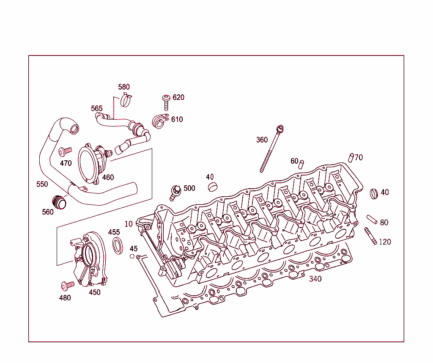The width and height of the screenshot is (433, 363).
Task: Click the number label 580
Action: tap(124, 87)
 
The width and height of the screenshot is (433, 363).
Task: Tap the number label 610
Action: tap(177, 120)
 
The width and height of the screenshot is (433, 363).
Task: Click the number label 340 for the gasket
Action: tap(315, 279)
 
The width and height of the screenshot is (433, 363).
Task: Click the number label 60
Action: tap(294, 161)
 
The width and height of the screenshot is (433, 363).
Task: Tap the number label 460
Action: tap(108, 177)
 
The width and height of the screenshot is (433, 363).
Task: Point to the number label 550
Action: tap(42, 184)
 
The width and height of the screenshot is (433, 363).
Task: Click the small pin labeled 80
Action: tap(372, 219)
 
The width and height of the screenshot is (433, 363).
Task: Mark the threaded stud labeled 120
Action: tap(370, 236)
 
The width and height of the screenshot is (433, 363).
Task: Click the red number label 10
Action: tap(129, 224)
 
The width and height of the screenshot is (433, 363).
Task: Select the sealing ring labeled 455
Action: tap(118, 247)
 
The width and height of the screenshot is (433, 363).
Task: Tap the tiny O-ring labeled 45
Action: tap(132, 256)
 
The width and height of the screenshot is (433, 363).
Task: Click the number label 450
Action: tap(94, 292)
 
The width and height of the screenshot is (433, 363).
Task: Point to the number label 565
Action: tap(97, 109)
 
